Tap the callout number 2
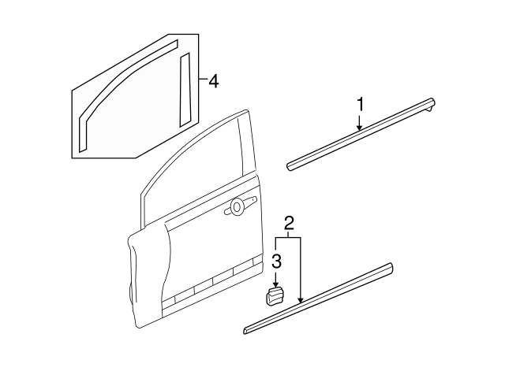[x=289, y=224]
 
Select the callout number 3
[x=275, y=261]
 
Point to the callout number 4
[x=214, y=80]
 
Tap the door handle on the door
[x=238, y=207]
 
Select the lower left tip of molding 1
[x=290, y=166]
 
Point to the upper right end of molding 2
[x=388, y=268]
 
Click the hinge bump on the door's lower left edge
[x=128, y=295]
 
